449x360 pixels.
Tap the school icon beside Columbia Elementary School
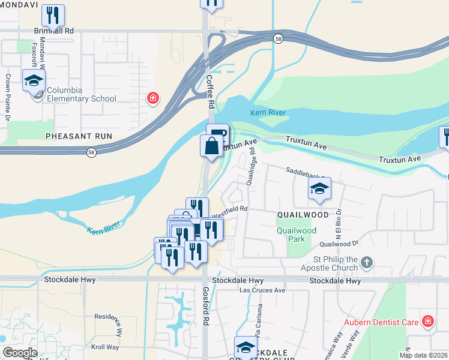point(34,80)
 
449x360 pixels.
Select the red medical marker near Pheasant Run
point(153,97)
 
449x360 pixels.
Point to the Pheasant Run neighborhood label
point(70,136)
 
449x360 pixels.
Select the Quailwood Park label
point(296,235)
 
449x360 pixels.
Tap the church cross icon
point(367,262)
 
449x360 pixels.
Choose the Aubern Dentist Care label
point(381,322)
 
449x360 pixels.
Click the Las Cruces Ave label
point(262,290)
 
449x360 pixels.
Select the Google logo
point(20,353)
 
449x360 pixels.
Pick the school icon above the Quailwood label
point(319,189)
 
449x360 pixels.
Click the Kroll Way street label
point(105,347)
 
